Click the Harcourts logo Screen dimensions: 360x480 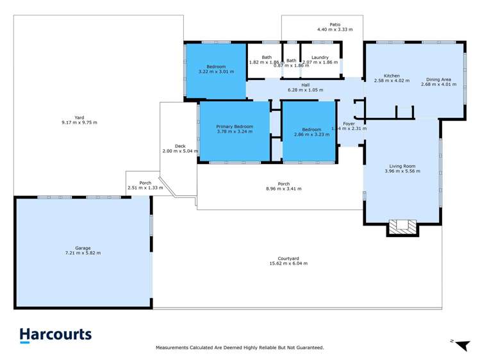point(55,335)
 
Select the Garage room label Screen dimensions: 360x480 point(83,248)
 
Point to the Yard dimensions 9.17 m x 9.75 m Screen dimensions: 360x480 point(79,122)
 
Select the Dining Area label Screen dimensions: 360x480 point(438,80)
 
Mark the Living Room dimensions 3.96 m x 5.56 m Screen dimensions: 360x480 point(402,171)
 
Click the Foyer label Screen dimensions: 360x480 point(349,124)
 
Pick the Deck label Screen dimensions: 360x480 point(180,146)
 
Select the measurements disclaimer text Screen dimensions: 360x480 point(240,348)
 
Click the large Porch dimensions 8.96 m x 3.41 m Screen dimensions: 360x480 point(283,189)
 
